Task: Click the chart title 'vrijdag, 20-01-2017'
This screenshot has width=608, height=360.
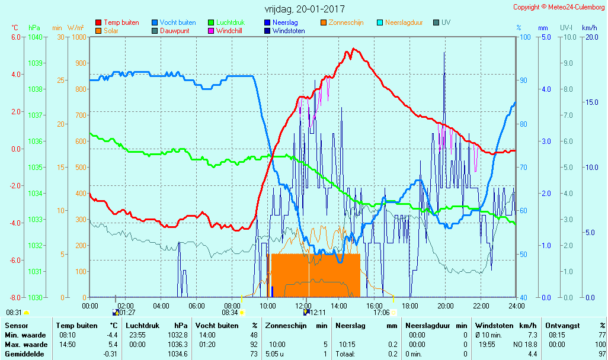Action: click(x=304, y=9)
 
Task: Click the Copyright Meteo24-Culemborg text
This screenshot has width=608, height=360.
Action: click(x=559, y=7)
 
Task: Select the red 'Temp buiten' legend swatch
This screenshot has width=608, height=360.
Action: click(x=98, y=22)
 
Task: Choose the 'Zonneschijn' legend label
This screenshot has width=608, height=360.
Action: click(x=346, y=22)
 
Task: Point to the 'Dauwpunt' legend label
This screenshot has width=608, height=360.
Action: click(x=175, y=31)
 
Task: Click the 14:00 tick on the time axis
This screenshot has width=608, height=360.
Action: click(x=339, y=306)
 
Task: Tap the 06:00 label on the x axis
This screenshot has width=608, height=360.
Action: click(x=197, y=306)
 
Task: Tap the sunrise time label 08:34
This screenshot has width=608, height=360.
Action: click(x=230, y=312)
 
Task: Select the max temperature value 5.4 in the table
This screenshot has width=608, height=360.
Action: click(x=113, y=345)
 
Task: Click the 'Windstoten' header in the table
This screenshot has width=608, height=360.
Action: click(x=493, y=326)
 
